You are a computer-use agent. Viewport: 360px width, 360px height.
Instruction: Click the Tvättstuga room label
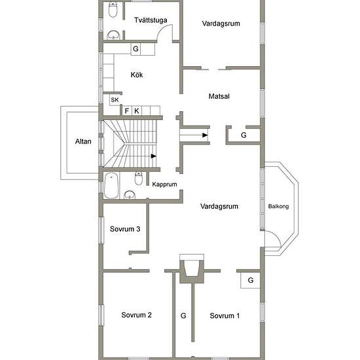click(x=151, y=20)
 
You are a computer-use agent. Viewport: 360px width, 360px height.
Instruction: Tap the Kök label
click(x=137, y=75)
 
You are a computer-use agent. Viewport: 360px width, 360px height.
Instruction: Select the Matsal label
click(x=219, y=96)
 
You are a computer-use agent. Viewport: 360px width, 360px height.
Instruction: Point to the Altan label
click(x=83, y=141)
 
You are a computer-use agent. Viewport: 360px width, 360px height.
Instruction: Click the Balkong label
click(x=278, y=206)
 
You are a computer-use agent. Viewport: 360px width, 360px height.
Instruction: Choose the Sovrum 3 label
click(x=125, y=229)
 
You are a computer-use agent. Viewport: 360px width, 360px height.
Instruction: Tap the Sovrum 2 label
click(x=136, y=315)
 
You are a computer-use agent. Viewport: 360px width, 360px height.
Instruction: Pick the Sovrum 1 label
click(x=225, y=315)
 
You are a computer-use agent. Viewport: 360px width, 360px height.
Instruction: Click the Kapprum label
click(x=164, y=185)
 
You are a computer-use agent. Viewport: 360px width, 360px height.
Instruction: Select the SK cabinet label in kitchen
click(x=115, y=100)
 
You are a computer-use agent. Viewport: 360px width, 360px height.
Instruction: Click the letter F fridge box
click(x=127, y=111)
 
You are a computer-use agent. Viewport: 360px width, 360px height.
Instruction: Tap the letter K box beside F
click(x=137, y=111)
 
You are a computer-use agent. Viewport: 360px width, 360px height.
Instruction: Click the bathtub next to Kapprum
click(x=111, y=185)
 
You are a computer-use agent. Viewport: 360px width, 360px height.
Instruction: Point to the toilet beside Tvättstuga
click(x=113, y=10)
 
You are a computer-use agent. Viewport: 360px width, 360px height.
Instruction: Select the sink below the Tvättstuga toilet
click(x=113, y=35)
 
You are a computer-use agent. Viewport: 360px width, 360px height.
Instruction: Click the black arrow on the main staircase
click(x=154, y=156)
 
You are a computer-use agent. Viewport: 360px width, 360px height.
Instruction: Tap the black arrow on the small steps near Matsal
click(x=205, y=135)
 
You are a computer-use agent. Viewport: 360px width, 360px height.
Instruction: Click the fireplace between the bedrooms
click(x=192, y=268)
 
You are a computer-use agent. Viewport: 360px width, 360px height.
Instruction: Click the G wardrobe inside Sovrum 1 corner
click(x=250, y=280)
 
